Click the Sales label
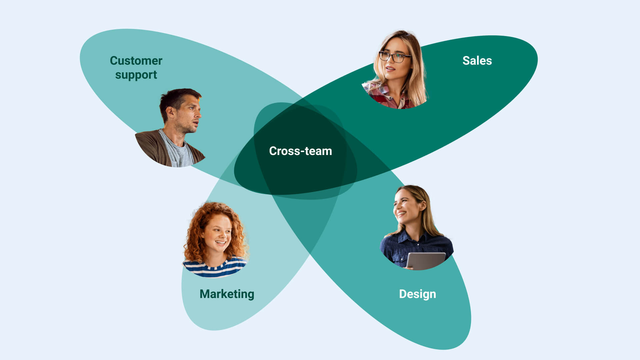[477, 61]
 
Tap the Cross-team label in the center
[300, 151]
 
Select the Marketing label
[227, 294]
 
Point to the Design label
[417, 294]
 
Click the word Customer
[136, 61]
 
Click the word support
[136, 75]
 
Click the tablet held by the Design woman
[426, 261]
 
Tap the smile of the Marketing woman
[220, 243]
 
